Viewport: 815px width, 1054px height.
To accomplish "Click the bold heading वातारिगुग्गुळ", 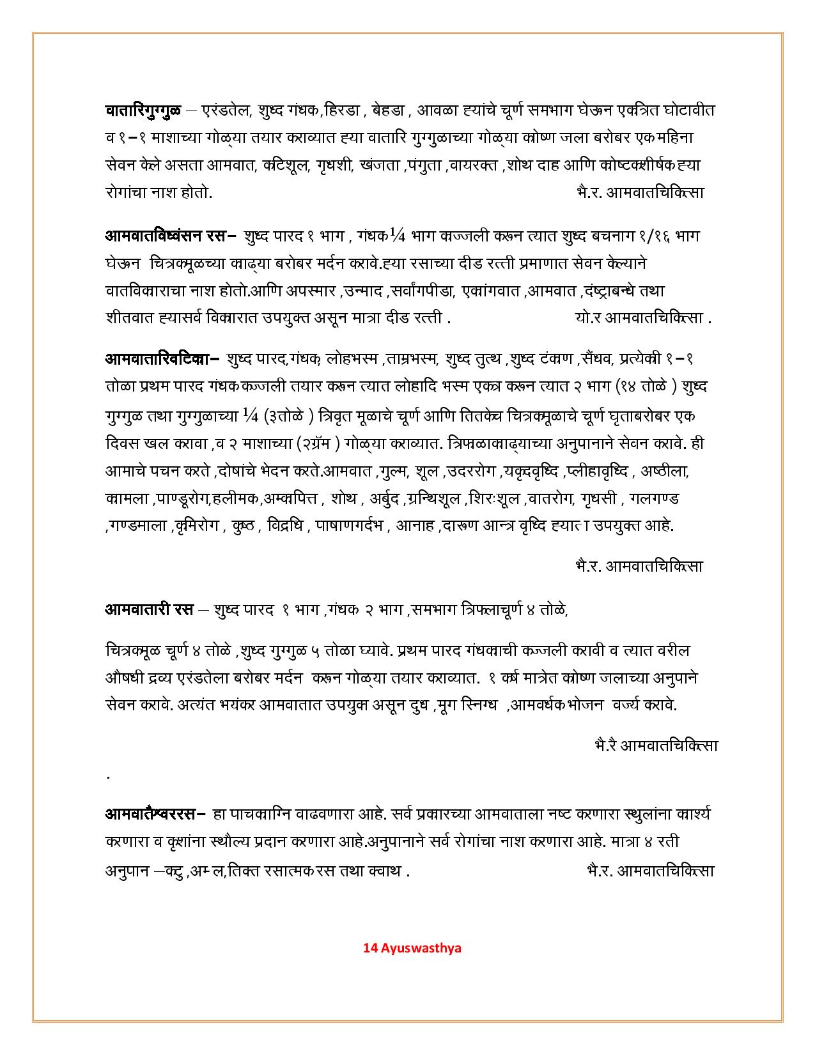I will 143,111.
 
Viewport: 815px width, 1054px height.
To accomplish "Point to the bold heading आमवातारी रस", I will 149,609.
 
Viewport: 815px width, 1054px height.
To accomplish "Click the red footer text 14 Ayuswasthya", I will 412,947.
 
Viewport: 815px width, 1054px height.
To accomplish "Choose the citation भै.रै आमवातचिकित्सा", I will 656,745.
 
